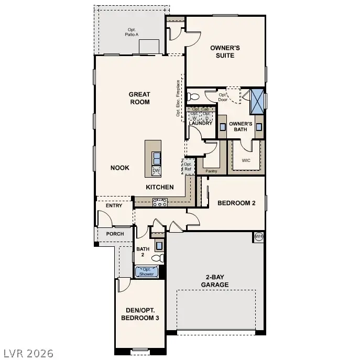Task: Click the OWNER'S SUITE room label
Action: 225,51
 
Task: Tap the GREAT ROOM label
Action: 139,98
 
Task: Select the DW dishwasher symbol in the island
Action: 156,171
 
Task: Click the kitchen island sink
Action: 156,157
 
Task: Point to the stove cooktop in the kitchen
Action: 160,201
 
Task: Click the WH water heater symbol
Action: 258,237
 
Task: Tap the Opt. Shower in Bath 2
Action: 146,271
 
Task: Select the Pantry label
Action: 211,171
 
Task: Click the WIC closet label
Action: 246,160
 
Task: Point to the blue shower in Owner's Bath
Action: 257,101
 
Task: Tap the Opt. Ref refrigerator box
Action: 188,167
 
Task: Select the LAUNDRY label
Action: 200,123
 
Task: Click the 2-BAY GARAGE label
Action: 215,281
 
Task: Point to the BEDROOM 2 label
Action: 236,203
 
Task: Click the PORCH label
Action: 115,234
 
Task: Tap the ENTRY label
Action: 114,205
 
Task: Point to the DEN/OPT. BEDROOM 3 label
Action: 140,313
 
